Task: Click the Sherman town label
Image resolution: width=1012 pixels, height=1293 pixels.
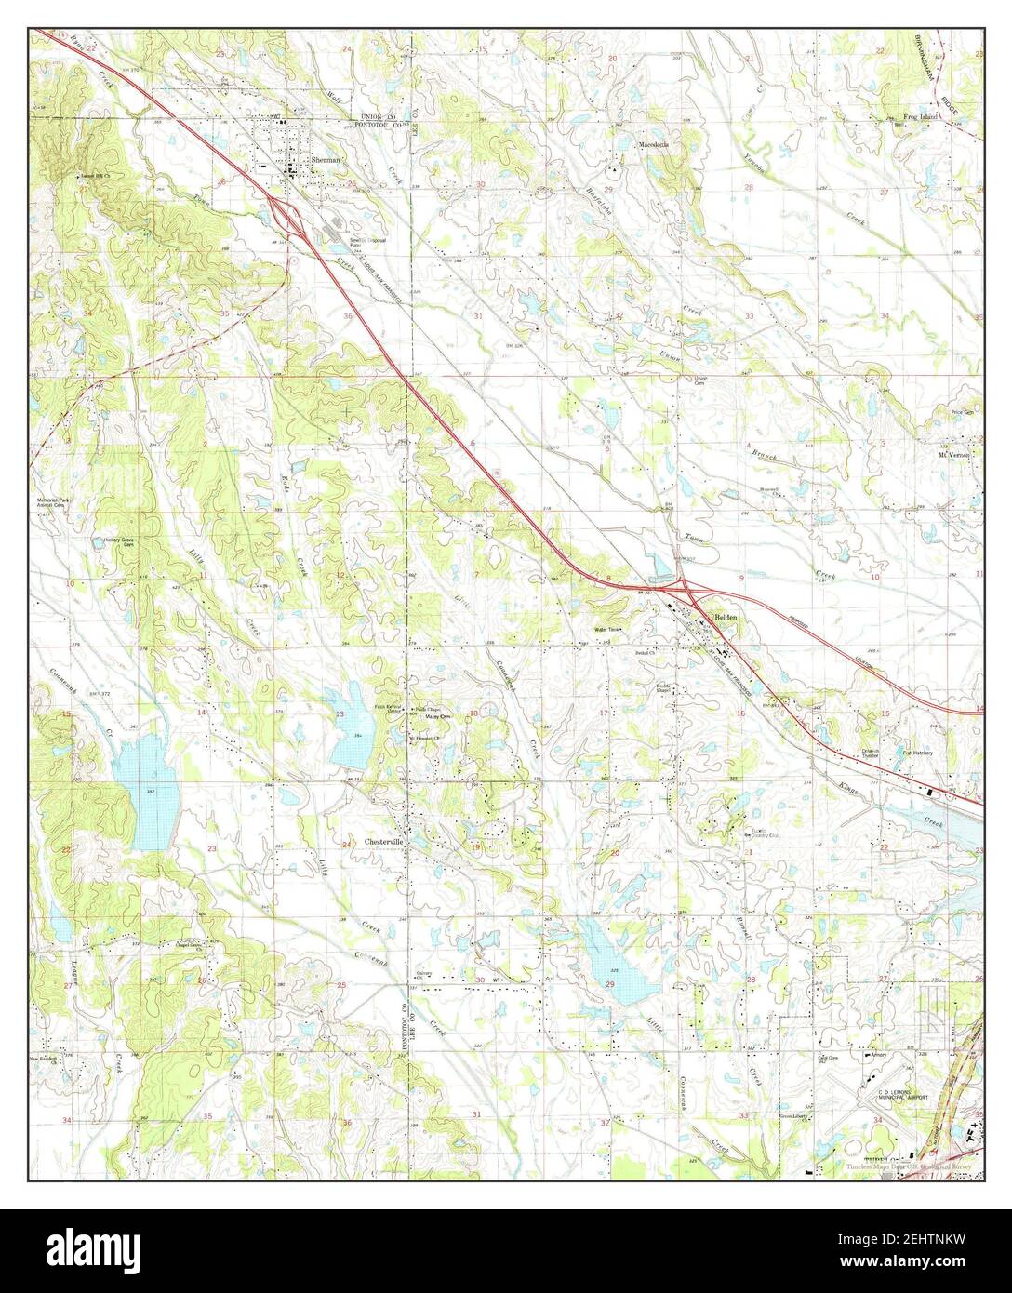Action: pyautogui.click(x=327, y=160)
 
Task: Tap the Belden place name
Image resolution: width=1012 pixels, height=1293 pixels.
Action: pyautogui.click(x=726, y=618)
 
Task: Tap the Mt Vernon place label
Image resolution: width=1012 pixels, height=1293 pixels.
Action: pyautogui.click(x=953, y=456)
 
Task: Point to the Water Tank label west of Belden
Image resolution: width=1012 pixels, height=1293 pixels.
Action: pyautogui.click(x=607, y=630)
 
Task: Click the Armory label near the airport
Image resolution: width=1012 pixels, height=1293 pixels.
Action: pyautogui.click(x=878, y=1055)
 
